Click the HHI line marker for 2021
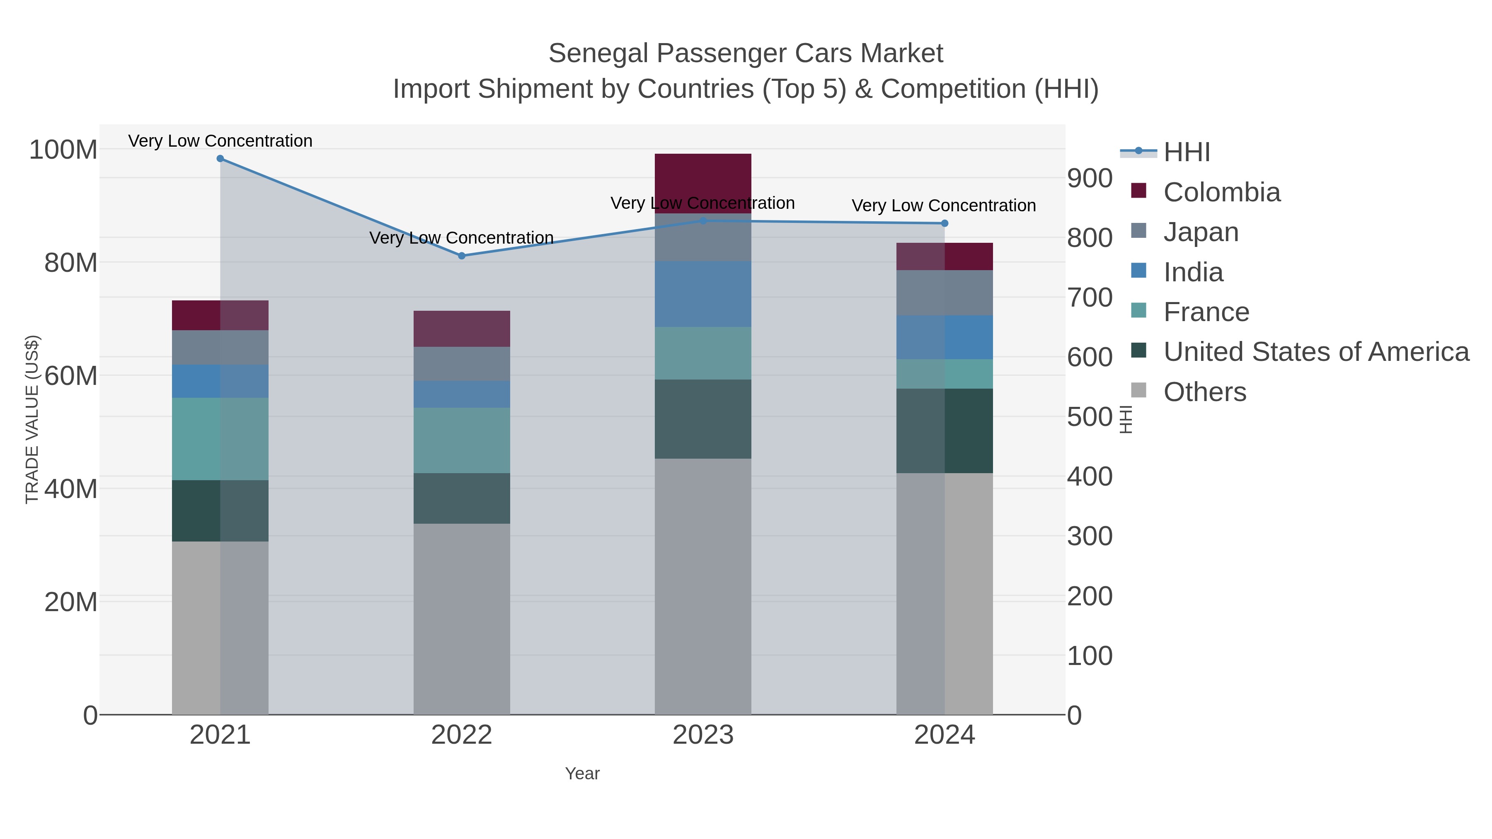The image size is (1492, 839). coord(220,159)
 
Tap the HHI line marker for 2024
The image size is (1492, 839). coord(945,223)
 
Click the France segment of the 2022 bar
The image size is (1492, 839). coord(462,440)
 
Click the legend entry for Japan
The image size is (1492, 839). coord(1200,232)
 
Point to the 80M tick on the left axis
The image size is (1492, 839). coord(70,263)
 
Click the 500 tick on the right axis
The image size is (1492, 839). coord(1090,417)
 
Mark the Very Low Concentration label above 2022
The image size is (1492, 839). coord(462,238)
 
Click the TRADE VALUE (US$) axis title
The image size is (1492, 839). coord(32,419)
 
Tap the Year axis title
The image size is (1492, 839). coord(582,774)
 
